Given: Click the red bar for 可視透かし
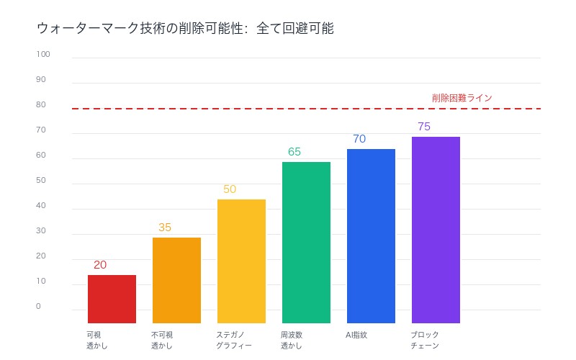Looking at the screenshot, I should pyautogui.click(x=112, y=299).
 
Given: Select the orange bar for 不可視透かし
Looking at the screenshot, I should pyautogui.click(x=176, y=280).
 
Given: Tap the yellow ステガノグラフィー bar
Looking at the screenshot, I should pyautogui.click(x=241, y=261).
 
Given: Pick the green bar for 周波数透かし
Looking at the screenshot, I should pyautogui.click(x=306, y=242).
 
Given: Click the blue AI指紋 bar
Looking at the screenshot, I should pyautogui.click(x=371, y=235).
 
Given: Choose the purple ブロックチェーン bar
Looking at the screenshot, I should pyautogui.click(x=436, y=230).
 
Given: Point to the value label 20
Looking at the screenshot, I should pyautogui.click(x=100, y=264).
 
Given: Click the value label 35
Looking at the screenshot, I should pyautogui.click(x=165, y=227).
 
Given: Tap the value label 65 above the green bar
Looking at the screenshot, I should pyautogui.click(x=294, y=151).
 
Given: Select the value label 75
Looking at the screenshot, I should pyautogui.click(x=424, y=126).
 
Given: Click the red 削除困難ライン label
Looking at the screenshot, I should pyautogui.click(x=462, y=97).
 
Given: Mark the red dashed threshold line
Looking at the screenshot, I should pyautogui.click(x=288, y=109).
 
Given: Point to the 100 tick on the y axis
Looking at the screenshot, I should pyautogui.click(x=42, y=54).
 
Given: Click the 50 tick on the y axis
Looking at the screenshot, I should pyautogui.click(x=40, y=180).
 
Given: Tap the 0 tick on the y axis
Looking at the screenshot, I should pyautogui.click(x=38, y=306).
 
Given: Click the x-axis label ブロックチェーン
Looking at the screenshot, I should pyautogui.click(x=425, y=340).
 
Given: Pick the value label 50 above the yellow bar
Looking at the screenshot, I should pyautogui.click(x=230, y=189).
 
